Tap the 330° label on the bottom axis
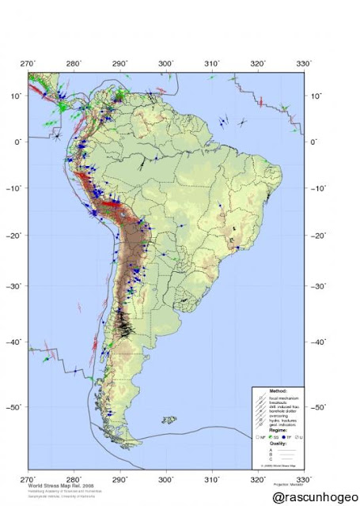303,479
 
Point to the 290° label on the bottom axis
120,479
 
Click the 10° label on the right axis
318,96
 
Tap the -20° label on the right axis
320,236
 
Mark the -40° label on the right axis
320,342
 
